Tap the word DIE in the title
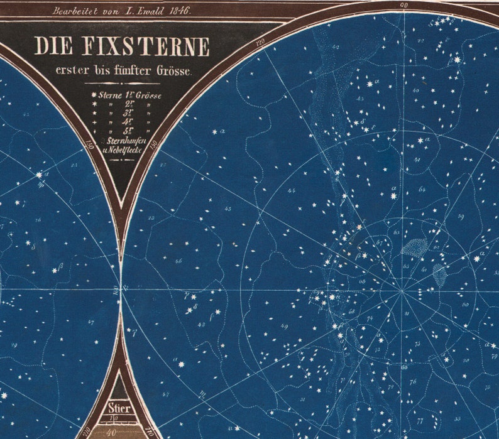coord(52,47)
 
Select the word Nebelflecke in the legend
coord(129,151)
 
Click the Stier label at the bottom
coord(122,408)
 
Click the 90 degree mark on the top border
coord(403,5)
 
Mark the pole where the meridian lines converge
coord(402,291)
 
